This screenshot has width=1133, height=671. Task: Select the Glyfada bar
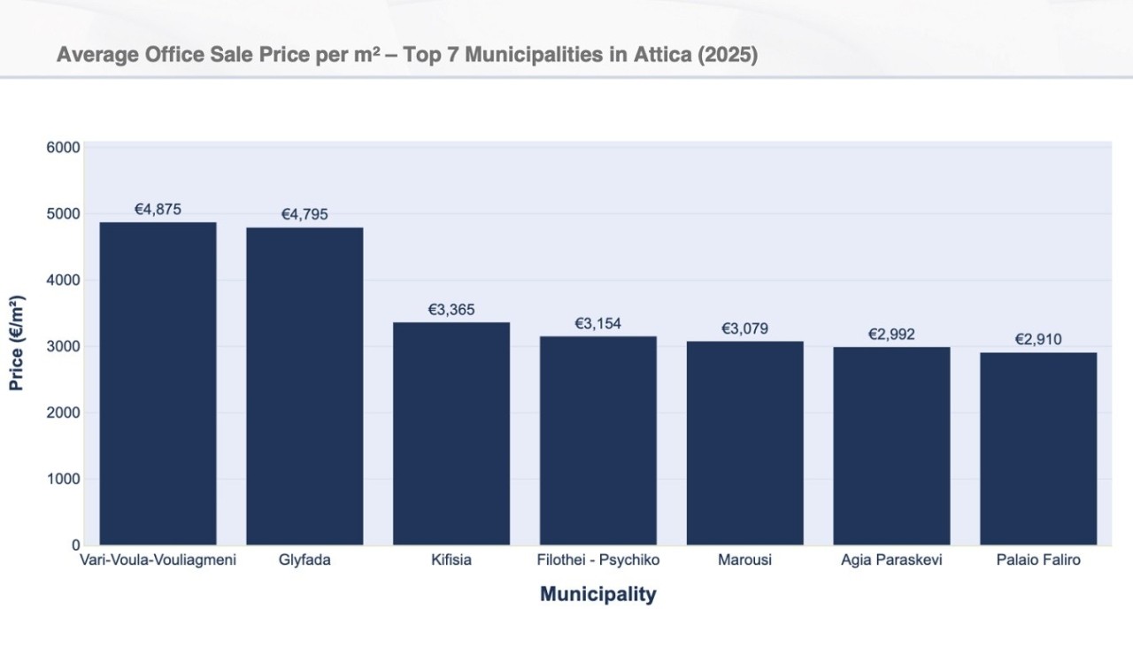(304, 386)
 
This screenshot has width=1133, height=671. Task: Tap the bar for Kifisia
(451, 433)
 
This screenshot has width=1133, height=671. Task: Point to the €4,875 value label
(158, 209)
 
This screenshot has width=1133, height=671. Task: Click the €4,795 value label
(304, 214)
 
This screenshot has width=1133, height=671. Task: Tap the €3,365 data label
(451, 309)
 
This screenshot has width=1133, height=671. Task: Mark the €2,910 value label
(1038, 339)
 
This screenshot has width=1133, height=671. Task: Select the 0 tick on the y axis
(76, 545)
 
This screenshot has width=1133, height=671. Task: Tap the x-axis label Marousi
(744, 560)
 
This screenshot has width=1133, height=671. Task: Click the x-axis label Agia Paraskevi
(891, 560)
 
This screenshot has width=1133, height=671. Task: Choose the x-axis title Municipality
(598, 594)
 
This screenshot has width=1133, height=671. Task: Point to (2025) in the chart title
(728, 55)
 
